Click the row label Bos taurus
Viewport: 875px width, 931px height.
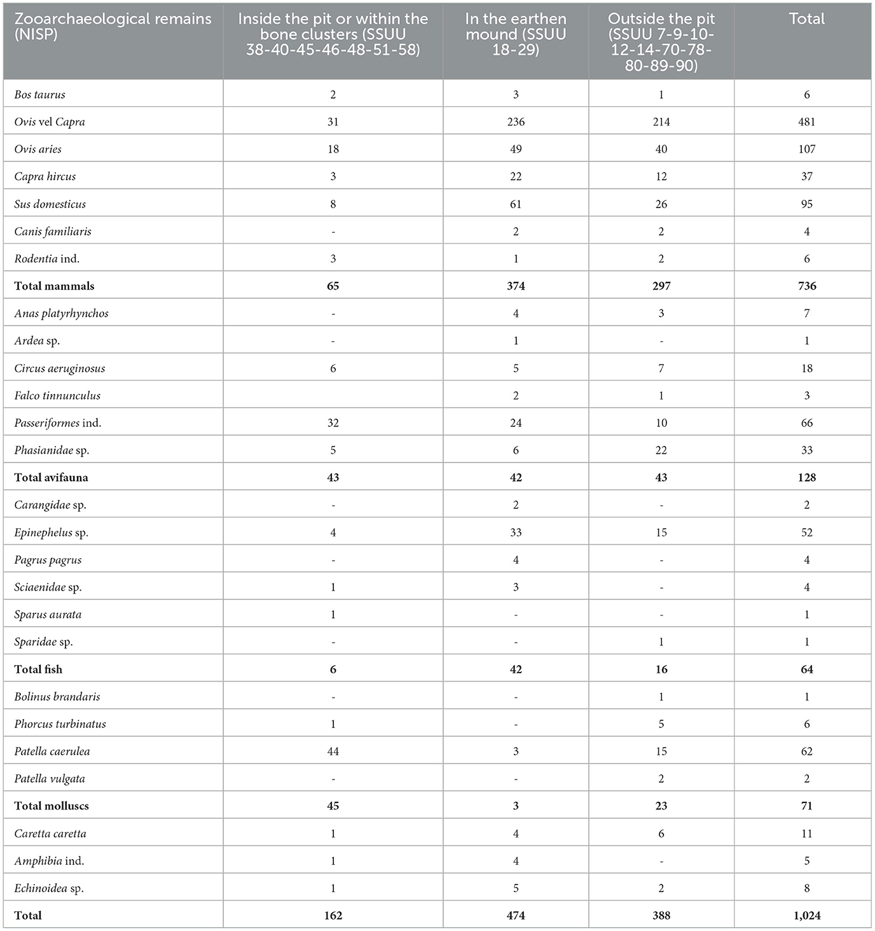[40, 95]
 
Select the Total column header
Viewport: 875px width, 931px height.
[806, 19]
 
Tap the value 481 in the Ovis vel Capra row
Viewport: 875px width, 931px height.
[806, 122]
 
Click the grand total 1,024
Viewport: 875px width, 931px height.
[806, 916]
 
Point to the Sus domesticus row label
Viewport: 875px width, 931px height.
[50, 204]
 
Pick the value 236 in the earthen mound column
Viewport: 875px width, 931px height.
[516, 122]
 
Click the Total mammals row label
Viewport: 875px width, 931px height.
[54, 286]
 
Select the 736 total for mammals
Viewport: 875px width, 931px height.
[806, 286]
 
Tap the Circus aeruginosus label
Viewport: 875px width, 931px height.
[60, 368]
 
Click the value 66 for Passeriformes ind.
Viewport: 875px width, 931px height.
[806, 423]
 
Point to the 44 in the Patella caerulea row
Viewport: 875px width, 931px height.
[333, 752]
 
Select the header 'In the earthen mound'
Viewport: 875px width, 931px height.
[516, 34]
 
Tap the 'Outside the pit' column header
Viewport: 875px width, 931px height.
[661, 42]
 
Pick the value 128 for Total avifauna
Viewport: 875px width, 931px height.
[806, 478]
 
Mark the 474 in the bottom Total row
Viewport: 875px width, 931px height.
[516, 916]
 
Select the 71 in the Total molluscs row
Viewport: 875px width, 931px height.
[806, 806]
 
